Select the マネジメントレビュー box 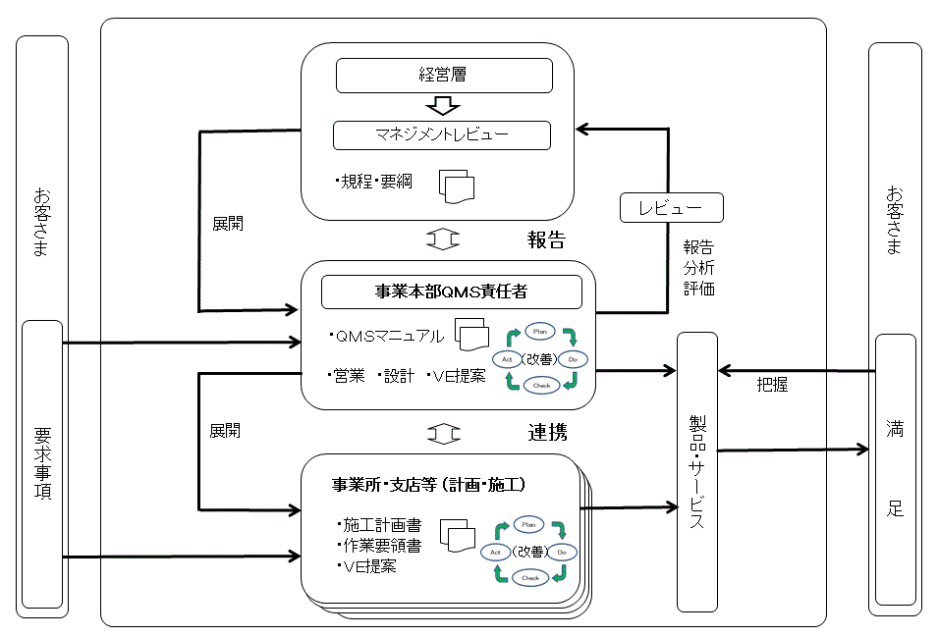[441, 134]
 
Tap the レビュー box [671, 208]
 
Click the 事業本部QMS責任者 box [452, 292]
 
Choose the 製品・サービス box [697, 471]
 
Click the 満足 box [895, 469]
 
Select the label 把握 [772, 386]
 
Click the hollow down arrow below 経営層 [442, 105]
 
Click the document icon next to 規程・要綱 [457, 186]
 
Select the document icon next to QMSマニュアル [472, 335]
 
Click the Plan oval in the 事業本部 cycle [541, 330]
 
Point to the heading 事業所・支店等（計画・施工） [430, 485]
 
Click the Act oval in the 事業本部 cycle [507, 358]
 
